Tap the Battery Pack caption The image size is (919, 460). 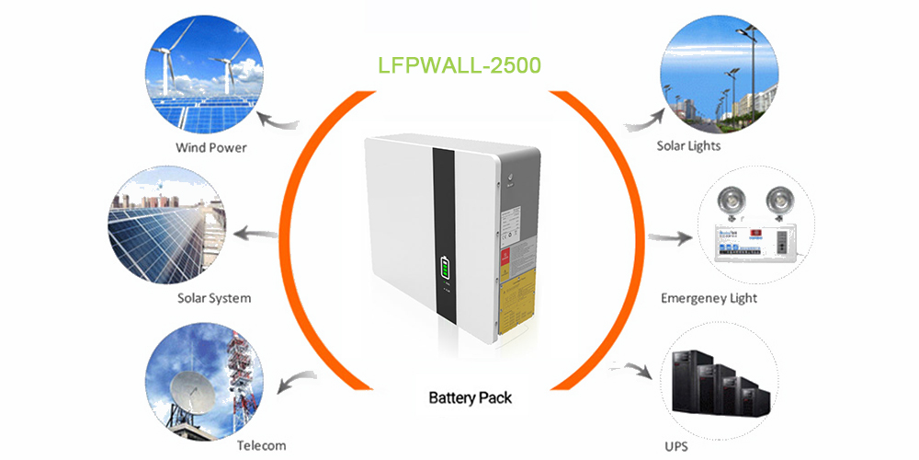[x=470, y=398]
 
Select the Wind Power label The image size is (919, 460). [x=211, y=147]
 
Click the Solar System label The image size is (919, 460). [x=213, y=298]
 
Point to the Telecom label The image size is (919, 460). [x=261, y=445]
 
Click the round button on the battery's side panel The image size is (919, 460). [x=506, y=174]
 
